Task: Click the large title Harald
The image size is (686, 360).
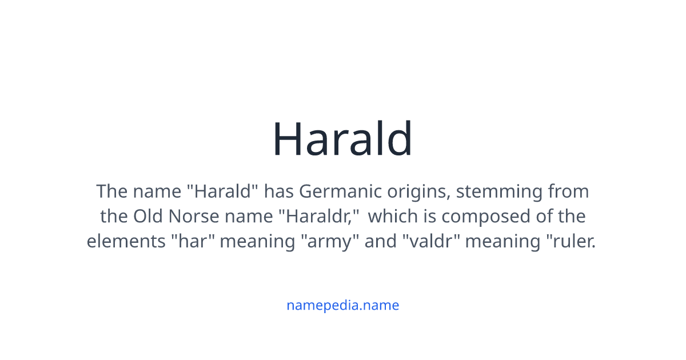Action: point(342,139)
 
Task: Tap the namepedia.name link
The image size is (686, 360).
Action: point(342,305)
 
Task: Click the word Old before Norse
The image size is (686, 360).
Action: point(147,216)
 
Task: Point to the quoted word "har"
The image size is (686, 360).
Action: point(192,241)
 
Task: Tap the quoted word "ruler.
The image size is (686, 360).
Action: point(569,241)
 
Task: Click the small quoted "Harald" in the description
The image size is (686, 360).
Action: point(224,191)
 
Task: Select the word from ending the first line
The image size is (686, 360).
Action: point(568,191)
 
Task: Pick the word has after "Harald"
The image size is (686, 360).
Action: point(278,191)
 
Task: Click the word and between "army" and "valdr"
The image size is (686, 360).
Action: point(380,241)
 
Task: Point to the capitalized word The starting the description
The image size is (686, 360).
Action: point(111,191)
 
